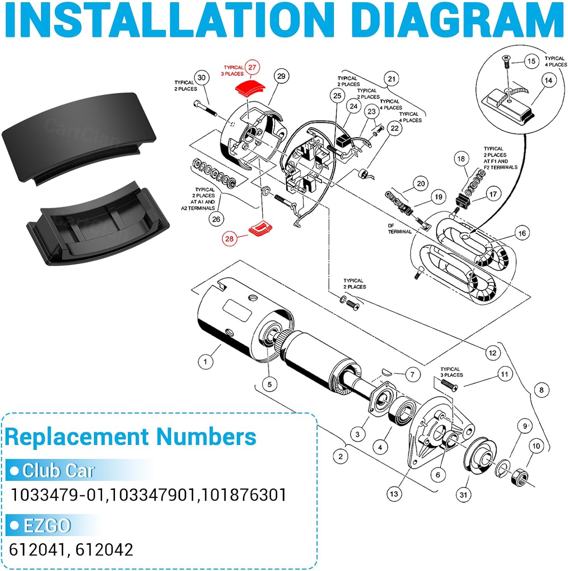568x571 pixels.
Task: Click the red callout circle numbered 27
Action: (252, 68)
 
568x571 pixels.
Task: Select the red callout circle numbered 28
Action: (229, 239)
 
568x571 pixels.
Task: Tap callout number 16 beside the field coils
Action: (522, 233)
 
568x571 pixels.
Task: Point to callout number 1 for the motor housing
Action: (206, 361)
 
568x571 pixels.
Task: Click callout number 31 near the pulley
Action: (463, 494)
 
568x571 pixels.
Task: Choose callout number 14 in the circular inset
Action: (548, 80)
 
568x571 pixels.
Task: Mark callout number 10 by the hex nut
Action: (536, 446)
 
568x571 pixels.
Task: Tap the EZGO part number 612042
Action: (104, 550)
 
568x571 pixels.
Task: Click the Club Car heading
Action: (58, 471)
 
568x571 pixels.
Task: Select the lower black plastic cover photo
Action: (98, 223)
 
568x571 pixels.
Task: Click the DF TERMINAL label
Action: (399, 228)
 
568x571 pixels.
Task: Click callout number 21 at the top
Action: (391, 79)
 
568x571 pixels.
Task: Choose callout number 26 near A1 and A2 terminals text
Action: (216, 219)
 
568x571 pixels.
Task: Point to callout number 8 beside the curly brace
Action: (541, 390)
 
